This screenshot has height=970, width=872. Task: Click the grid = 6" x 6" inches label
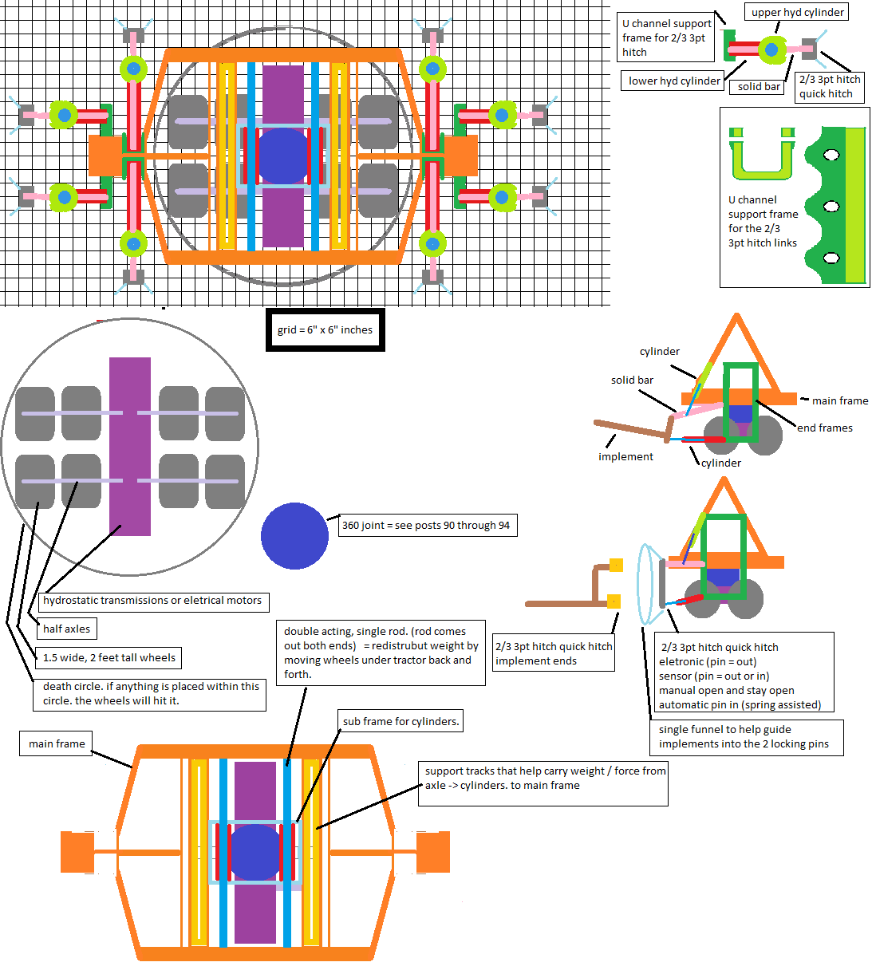coord(325,329)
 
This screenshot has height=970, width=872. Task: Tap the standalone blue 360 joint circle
coord(294,535)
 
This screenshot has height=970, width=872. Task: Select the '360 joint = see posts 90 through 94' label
coord(426,525)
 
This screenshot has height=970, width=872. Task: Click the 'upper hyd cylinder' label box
coord(797,12)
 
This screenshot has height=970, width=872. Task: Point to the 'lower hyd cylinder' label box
coord(674,81)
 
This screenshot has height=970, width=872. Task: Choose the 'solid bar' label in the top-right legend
coord(759,86)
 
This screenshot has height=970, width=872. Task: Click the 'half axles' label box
coord(67,629)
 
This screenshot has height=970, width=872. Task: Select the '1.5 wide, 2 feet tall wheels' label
coord(109,657)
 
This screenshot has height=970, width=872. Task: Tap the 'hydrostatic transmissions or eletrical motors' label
coord(152,601)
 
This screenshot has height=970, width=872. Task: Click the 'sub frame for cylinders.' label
coord(400,721)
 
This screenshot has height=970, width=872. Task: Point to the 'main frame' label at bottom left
coord(57,743)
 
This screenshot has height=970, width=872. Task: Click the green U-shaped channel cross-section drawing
coord(762,155)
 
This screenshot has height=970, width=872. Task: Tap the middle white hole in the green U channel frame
coord(831,207)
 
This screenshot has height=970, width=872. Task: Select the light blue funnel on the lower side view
coord(649,585)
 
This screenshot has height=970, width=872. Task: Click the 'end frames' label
coord(825,428)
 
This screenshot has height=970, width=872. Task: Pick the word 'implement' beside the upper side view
coord(625,456)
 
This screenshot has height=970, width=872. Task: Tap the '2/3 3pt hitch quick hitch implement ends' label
coord(554,653)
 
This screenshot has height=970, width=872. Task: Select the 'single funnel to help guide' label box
coord(746,736)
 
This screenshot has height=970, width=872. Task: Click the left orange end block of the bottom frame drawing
coord(77,851)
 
